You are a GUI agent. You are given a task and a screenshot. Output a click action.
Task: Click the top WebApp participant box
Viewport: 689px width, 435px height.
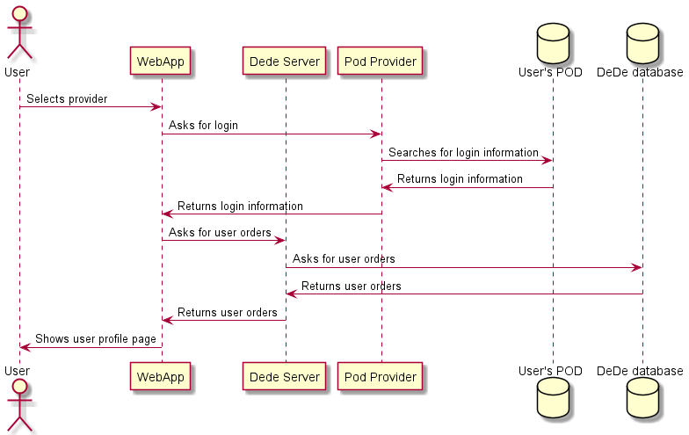161,62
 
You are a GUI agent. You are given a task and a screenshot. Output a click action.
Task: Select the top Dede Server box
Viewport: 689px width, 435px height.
285,62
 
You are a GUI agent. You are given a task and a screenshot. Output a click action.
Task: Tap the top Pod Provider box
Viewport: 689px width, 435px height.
381,62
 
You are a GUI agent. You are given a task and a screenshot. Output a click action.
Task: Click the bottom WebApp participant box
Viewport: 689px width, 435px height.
161,376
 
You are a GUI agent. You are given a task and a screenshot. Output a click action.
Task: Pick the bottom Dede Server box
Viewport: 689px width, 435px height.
285,376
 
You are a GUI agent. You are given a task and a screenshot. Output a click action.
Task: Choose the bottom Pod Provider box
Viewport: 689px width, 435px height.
381,376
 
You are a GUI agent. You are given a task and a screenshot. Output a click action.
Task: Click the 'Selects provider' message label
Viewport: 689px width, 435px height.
67,99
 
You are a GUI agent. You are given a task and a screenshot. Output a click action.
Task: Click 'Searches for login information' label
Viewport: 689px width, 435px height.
463,153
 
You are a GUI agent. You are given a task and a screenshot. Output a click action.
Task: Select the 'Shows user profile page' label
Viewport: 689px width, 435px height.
96,339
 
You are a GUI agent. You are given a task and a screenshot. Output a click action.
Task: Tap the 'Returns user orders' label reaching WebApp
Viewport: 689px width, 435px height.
228,313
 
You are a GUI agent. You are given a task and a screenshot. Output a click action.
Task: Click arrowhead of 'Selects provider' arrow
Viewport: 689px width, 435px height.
156,107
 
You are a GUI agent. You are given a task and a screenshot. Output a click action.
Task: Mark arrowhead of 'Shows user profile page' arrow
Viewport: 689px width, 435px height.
25,347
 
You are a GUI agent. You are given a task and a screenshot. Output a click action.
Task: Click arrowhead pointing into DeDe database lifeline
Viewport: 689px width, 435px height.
637,267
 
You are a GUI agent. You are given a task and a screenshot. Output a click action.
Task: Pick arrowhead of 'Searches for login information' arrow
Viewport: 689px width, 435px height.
548,160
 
